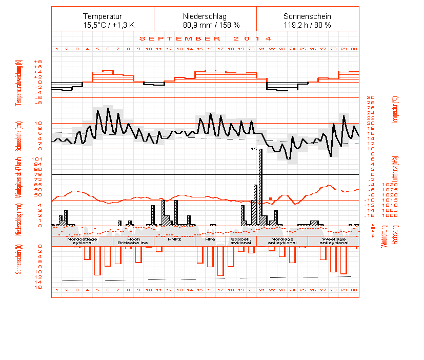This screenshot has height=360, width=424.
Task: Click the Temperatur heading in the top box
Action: pyautogui.click(x=103, y=16)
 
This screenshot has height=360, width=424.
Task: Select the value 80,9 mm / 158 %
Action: pyautogui.click(x=205, y=25)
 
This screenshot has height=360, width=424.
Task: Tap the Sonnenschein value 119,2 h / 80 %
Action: pyautogui.click(x=308, y=25)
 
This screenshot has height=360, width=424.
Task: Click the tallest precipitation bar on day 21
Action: pyautogui.click(x=261, y=185)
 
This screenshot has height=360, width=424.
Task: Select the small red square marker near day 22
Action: pyautogui.click(x=271, y=198)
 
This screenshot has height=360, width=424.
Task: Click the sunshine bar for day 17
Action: pyautogui.click(x=220, y=261)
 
